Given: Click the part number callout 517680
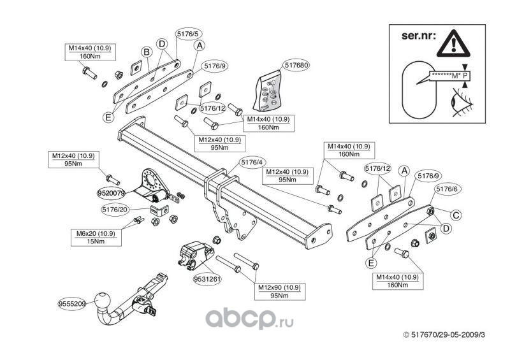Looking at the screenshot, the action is [x=296, y=65].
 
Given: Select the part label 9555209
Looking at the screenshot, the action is [x=72, y=304].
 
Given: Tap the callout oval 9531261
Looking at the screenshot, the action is [x=207, y=279].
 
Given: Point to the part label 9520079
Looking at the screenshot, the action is [x=111, y=194].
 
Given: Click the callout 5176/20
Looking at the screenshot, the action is [x=115, y=210].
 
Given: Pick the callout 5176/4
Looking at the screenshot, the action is [x=252, y=162].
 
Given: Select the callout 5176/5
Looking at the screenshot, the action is [x=189, y=34].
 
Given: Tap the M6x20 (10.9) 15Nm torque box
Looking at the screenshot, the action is [x=96, y=238].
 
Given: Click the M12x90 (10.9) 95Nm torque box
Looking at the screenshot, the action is [x=279, y=292].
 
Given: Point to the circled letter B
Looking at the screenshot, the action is [x=147, y=52].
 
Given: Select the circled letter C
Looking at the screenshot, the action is [x=456, y=215].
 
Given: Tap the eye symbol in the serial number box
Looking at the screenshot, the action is [x=462, y=102].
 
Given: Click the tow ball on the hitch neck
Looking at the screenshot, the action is [x=103, y=301].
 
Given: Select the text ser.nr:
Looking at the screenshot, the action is [x=418, y=35].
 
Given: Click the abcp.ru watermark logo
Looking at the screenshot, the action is [x=249, y=318].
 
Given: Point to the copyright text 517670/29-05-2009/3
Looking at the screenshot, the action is [x=444, y=335].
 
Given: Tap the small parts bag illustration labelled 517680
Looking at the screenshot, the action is [x=267, y=91].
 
